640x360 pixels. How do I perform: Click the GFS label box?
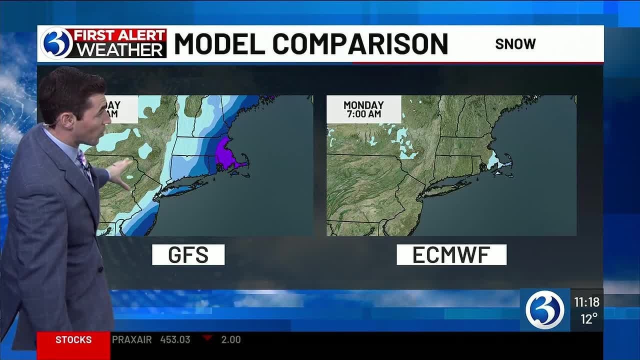pyautogui.click(x=188, y=255)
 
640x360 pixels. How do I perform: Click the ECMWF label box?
pyautogui.click(x=451, y=255)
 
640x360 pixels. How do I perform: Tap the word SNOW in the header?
pyautogui.click(x=515, y=44)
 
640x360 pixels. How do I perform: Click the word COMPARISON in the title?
pyautogui.click(x=360, y=44)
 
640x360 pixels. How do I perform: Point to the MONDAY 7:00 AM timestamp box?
pyautogui.click(x=363, y=109)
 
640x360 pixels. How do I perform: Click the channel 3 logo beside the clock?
pyautogui.click(x=544, y=309)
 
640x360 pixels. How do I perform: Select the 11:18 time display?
pyautogui.click(x=586, y=302)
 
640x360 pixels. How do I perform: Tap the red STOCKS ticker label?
pyautogui.click(x=73, y=340)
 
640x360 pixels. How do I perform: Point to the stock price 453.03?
pyautogui.click(x=175, y=340)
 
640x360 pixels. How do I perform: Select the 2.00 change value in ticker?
pyautogui.click(x=231, y=340)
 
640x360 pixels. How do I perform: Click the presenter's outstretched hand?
pyautogui.click(x=120, y=172)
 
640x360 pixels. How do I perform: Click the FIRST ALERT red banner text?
pyautogui.click(x=120, y=35)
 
